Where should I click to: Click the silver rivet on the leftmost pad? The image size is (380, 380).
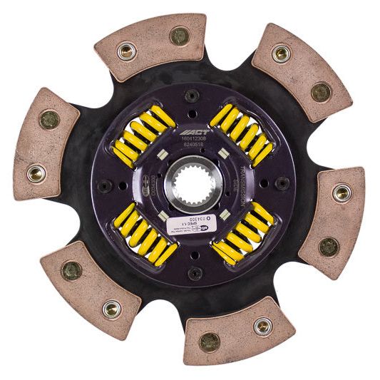[35, 171]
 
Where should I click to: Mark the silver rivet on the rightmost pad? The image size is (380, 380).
[343, 192]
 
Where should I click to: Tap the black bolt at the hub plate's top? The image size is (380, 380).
[191, 96]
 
